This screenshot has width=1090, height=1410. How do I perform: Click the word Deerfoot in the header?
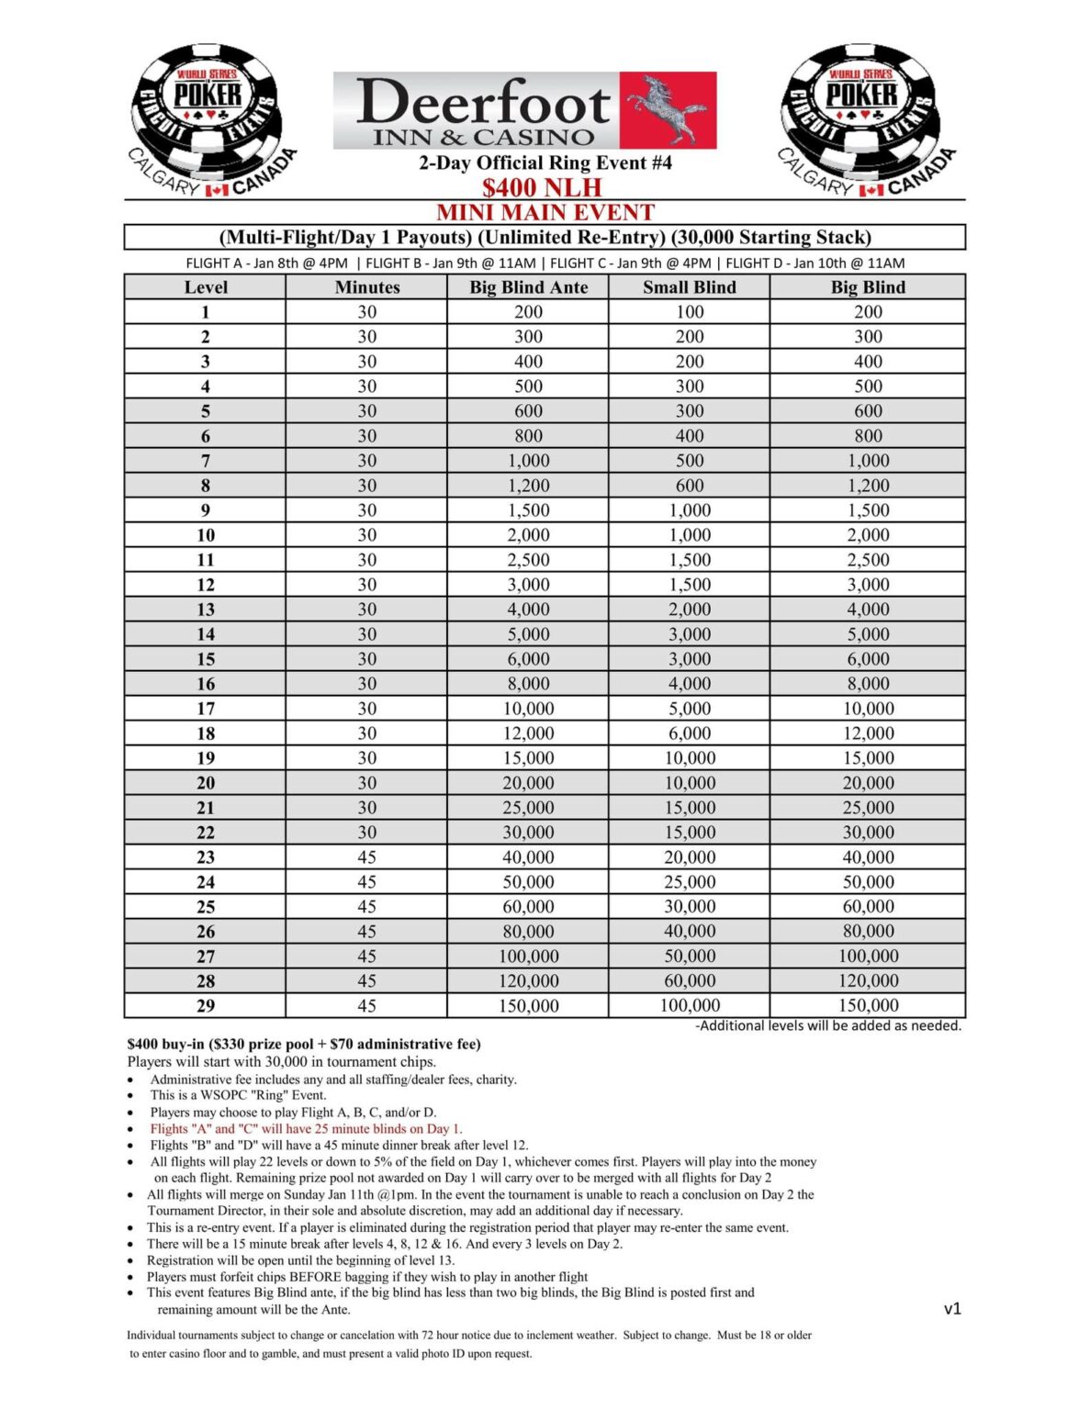coord(482,102)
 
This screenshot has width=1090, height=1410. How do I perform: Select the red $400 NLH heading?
coord(542,187)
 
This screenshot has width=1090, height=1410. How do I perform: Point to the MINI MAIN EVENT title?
coord(545,212)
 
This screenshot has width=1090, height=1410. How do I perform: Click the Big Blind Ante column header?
coord(528,287)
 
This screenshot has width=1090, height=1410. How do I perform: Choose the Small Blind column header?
coord(689,287)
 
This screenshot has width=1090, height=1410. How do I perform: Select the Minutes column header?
coord(366,287)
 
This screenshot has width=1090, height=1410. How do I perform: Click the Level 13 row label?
coord(205,610)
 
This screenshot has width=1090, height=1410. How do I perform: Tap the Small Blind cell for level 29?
coord(689,1006)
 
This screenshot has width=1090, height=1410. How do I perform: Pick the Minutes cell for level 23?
coord(366,857)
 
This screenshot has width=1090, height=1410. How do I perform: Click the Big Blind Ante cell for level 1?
coord(528,312)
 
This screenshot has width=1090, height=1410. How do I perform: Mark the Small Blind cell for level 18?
coord(689,733)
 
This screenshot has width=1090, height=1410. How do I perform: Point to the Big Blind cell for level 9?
coord(868,510)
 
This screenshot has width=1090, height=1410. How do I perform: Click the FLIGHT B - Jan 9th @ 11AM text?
coord(450,263)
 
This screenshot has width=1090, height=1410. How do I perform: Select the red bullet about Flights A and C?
coord(306,1129)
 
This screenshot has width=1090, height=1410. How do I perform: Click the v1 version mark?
coord(952,1308)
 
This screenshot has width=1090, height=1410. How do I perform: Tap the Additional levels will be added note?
coord(828,1025)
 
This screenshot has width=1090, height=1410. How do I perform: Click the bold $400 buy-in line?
coord(304,1044)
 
